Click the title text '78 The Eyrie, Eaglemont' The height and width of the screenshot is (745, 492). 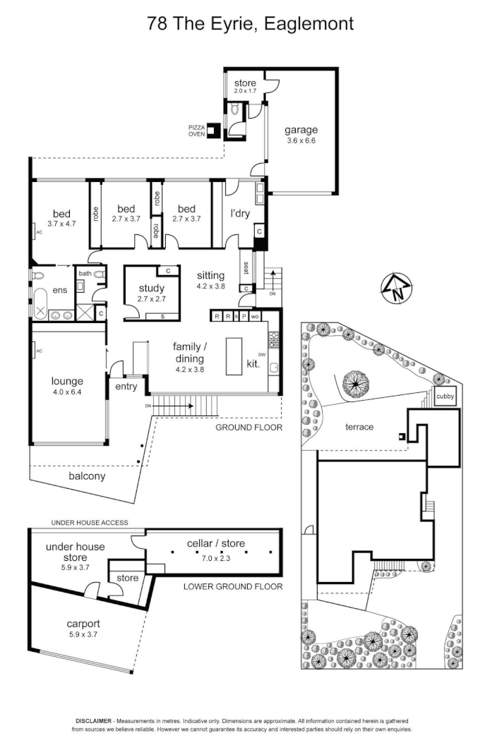[x=251, y=23]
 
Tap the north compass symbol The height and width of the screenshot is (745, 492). [x=396, y=288]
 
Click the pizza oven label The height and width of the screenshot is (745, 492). [x=196, y=131]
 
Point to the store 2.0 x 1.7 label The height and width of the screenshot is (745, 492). [x=245, y=87]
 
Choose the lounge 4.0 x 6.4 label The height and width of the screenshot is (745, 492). [x=67, y=386]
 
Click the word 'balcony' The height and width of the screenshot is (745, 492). [x=87, y=476]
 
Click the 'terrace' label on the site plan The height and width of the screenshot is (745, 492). [x=359, y=427]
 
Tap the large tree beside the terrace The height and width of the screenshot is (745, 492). [x=356, y=384]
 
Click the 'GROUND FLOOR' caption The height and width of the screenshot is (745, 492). [x=248, y=428]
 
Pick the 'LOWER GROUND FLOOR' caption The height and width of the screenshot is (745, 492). [x=232, y=586]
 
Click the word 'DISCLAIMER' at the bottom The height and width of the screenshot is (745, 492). [x=94, y=722]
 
